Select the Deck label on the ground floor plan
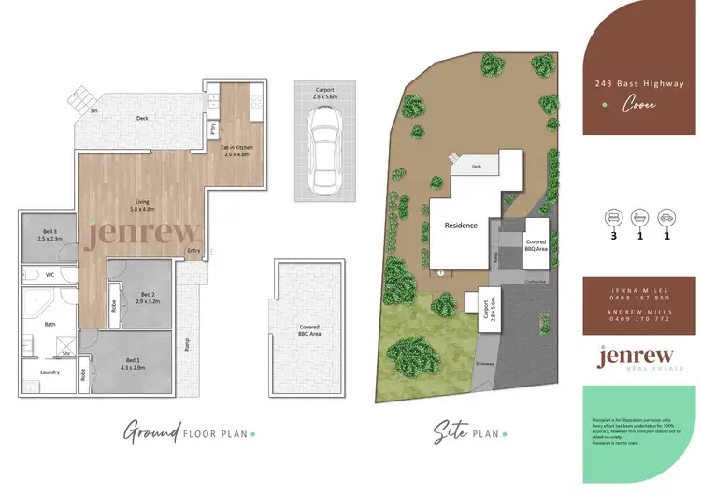(x=142, y=118)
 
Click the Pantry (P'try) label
(x=212, y=127)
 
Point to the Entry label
(x=193, y=250)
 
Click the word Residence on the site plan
(x=461, y=226)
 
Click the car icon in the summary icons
(x=665, y=217)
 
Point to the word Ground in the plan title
(x=152, y=432)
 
